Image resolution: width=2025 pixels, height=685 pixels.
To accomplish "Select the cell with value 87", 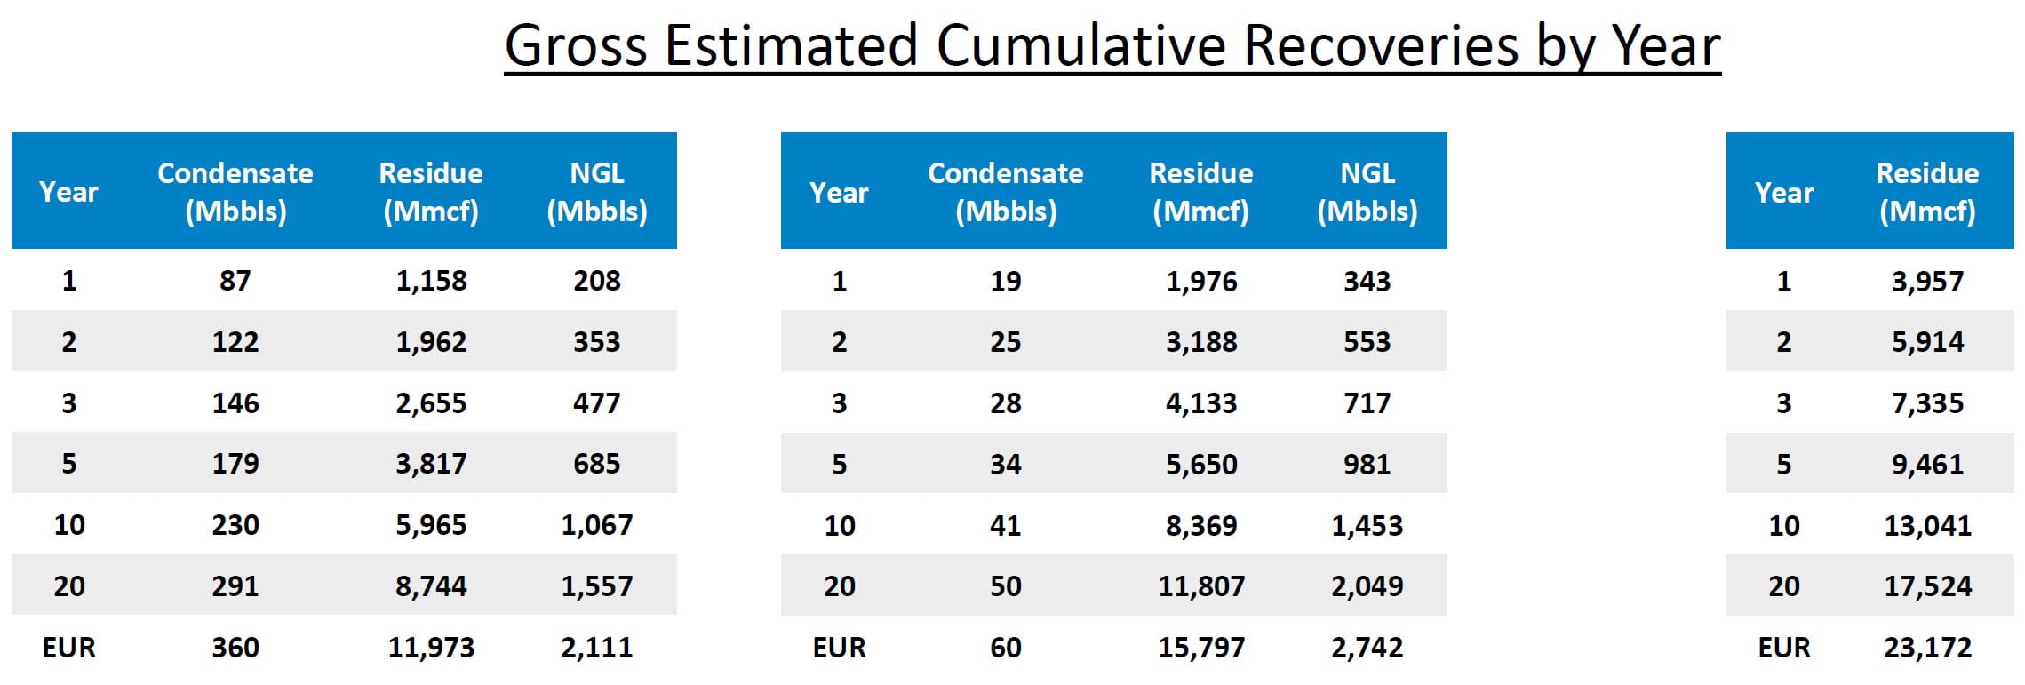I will click(235, 281).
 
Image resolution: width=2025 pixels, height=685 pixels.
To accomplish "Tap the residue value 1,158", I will click(431, 281).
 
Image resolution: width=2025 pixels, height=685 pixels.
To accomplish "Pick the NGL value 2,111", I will click(596, 647).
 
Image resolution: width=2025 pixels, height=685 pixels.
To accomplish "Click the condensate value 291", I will click(235, 585).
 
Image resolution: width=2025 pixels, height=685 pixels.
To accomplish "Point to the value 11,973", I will click(431, 647).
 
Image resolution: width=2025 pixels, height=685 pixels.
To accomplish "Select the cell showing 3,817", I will click(431, 463).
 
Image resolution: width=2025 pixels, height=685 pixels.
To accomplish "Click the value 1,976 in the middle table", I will click(1201, 281).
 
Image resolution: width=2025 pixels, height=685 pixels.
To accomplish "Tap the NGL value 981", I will click(1367, 464).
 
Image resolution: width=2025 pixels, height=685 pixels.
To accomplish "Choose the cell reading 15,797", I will click(1201, 647).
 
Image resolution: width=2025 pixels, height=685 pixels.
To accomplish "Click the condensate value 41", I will click(1005, 525).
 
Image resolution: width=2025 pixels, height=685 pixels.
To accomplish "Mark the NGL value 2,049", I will click(1367, 585).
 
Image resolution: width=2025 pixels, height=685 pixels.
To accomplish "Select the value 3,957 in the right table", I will click(1927, 281).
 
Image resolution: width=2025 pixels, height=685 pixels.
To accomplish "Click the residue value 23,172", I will click(1927, 647).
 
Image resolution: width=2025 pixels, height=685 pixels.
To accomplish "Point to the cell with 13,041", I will click(1927, 525).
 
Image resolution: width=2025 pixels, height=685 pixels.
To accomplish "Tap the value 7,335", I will click(1927, 402).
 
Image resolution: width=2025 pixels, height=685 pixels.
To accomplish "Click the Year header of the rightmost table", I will click(1783, 192).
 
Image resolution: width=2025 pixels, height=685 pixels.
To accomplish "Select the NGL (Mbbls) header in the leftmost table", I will click(596, 191).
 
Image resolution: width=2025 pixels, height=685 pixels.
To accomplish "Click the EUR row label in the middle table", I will click(839, 647).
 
